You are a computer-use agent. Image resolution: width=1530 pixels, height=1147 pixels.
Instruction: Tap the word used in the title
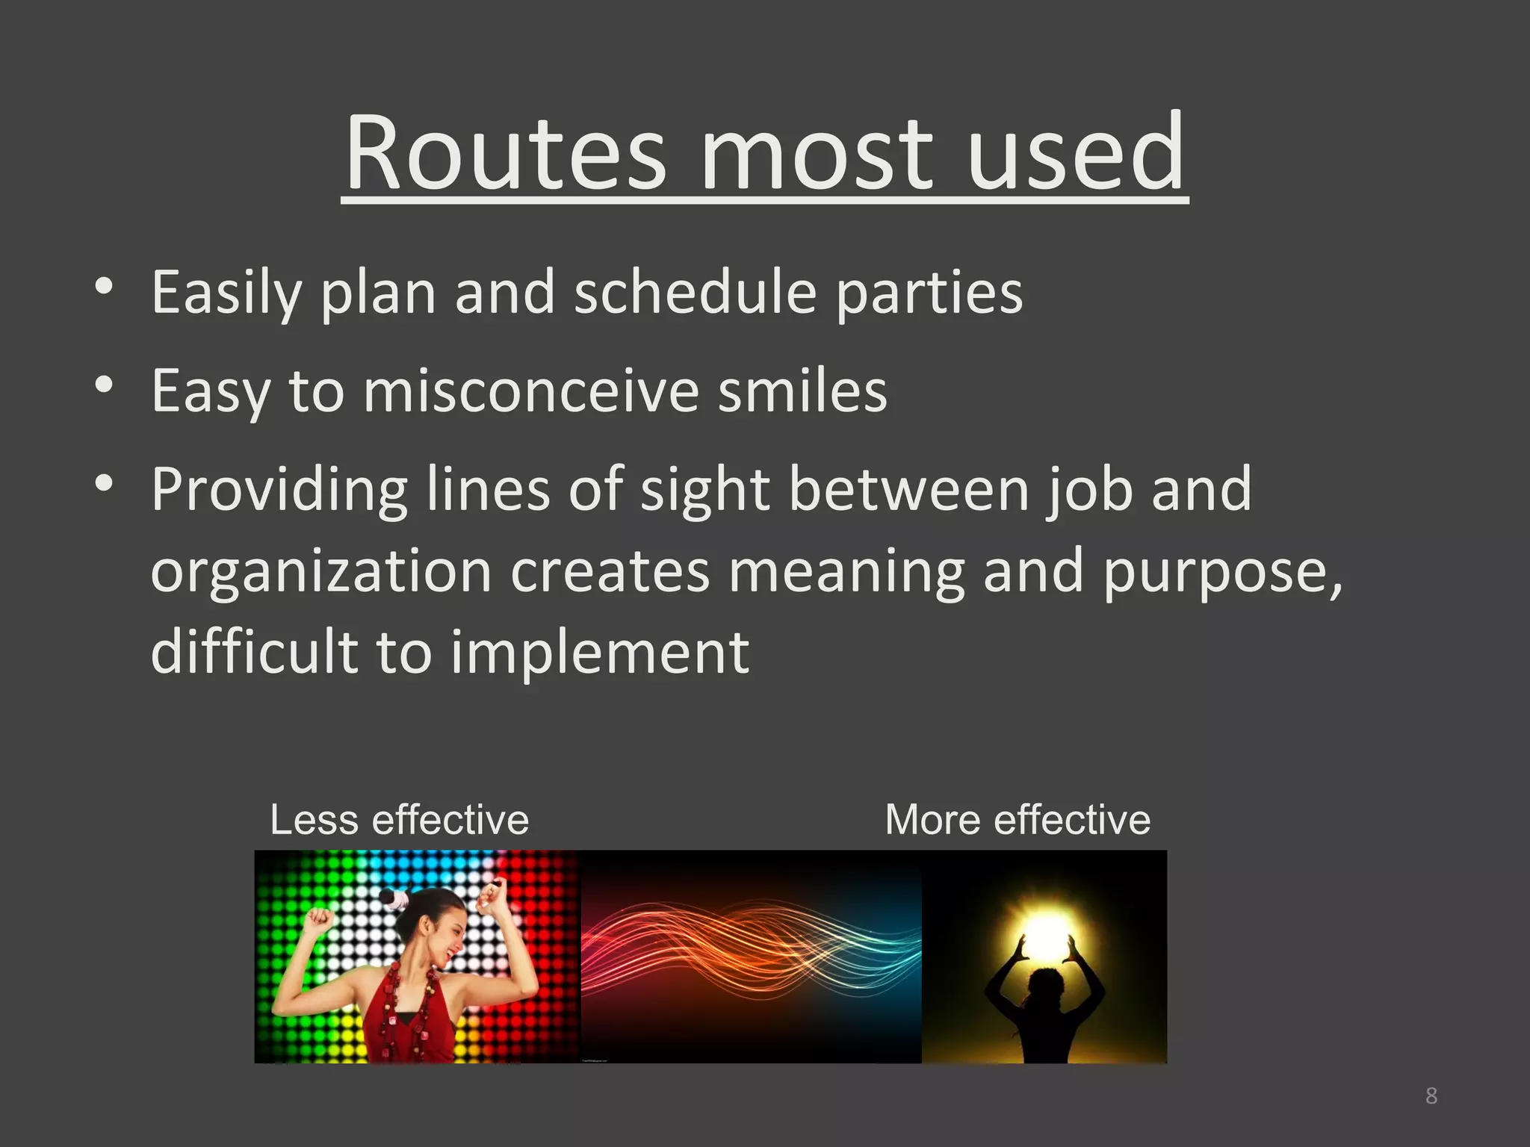click(1076, 153)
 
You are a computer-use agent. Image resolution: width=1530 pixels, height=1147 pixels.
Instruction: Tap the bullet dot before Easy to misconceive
click(104, 384)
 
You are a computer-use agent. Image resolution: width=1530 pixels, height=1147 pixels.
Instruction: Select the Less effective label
click(399, 820)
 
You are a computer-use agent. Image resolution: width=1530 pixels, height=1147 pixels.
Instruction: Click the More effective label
click(1017, 820)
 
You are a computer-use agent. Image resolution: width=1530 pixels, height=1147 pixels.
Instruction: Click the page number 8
click(1431, 1096)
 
